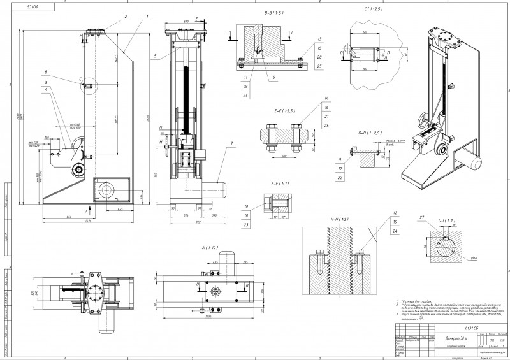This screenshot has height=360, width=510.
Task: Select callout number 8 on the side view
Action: (46, 71)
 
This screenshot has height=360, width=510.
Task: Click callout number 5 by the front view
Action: (154, 57)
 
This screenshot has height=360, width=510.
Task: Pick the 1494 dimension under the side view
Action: (87, 221)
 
